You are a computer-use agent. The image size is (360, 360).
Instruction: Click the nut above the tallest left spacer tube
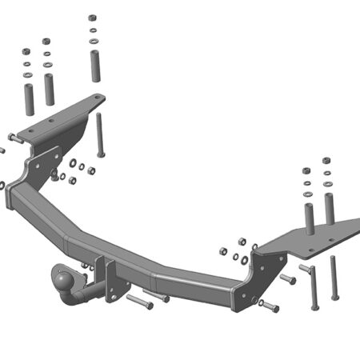coord(93,17)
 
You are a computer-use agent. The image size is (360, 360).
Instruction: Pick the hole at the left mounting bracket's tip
coord(97,100)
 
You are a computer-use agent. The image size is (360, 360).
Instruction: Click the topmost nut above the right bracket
coord(326,161)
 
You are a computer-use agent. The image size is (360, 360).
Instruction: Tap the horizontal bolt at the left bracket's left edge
coord(12,138)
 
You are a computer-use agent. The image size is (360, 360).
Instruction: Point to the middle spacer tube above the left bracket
coord(50,88)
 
